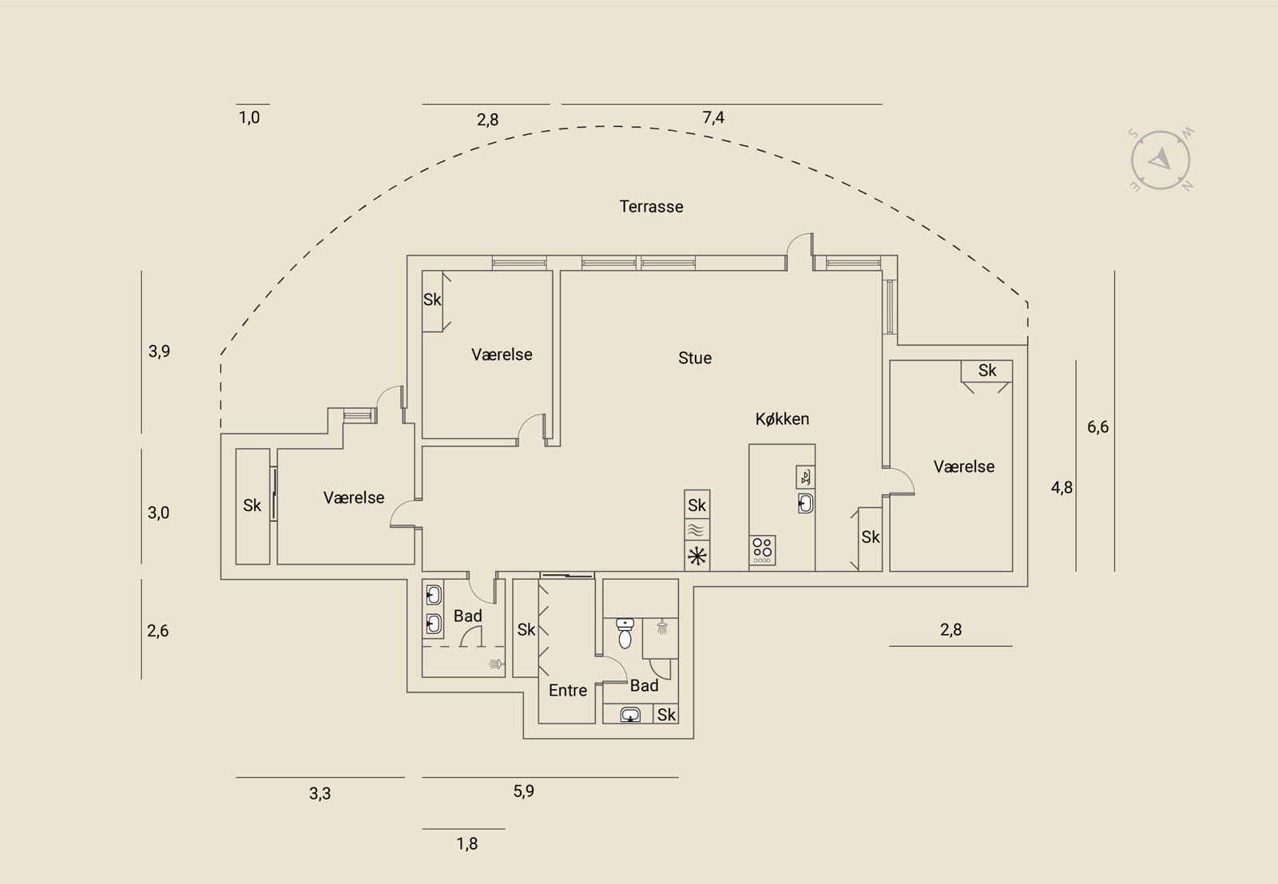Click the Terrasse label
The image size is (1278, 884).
pyautogui.click(x=651, y=207)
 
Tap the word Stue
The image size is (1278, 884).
pyautogui.click(x=695, y=359)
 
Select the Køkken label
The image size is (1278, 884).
pyautogui.click(x=782, y=419)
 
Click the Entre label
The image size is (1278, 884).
pyautogui.click(x=568, y=691)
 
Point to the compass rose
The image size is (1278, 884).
pyautogui.click(x=1161, y=161)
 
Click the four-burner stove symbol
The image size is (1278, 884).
pyautogui.click(x=762, y=550)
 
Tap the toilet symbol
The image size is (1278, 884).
pyautogui.click(x=625, y=633)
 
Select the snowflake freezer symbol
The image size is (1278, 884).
pyautogui.click(x=697, y=556)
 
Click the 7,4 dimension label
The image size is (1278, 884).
pyautogui.click(x=713, y=117)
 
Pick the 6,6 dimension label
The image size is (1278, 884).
pyautogui.click(x=1097, y=427)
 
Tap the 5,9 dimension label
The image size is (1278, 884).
pyautogui.click(x=524, y=791)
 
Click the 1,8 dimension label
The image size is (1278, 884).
pyautogui.click(x=466, y=843)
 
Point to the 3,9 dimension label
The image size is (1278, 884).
pyautogui.click(x=159, y=351)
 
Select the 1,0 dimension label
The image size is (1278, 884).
pyautogui.click(x=248, y=117)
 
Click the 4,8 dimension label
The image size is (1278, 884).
pyautogui.click(x=1062, y=488)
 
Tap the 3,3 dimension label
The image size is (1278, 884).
pyautogui.click(x=320, y=793)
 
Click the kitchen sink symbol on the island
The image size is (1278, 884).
pyautogui.click(x=806, y=504)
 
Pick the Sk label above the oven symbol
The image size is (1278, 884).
pyautogui.click(x=697, y=505)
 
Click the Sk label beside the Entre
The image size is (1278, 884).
pyautogui.click(x=526, y=629)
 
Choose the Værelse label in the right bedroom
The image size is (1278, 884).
pyautogui.click(x=963, y=466)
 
